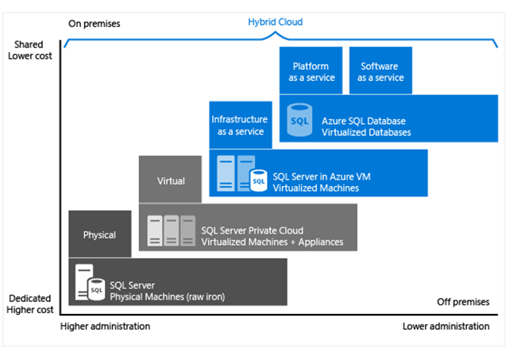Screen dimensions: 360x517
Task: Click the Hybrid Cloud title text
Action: [276, 22]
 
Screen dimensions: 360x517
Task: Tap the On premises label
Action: [94, 23]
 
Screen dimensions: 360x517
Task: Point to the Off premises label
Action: [463, 302]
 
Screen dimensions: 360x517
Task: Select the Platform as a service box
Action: [311, 72]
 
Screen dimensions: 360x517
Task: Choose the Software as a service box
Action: [380, 72]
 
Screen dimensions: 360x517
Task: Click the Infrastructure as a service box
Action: [239, 125]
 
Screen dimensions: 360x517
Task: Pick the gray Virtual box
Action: [171, 180]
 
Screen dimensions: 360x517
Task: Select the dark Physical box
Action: [99, 234]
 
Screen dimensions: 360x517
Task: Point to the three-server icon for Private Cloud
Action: [172, 230]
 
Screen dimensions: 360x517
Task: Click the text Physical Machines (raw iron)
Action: [167, 296]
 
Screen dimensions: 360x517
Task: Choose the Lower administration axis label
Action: [446, 326]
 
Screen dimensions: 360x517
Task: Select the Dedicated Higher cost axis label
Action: [30, 304]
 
